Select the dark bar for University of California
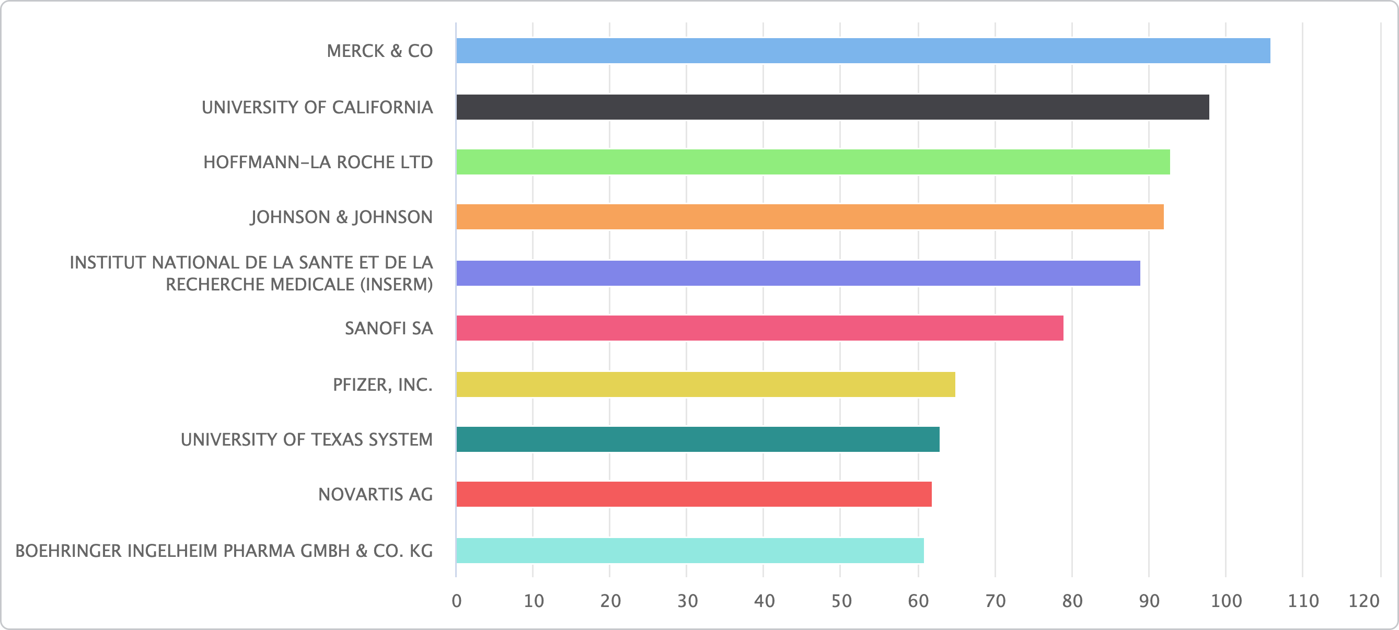point(832,107)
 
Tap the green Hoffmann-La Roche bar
point(813,162)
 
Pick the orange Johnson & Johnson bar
point(809,217)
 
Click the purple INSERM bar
point(798,273)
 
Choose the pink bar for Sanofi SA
point(759,328)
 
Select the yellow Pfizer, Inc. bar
point(705,384)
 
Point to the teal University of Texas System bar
point(697,439)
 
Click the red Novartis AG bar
point(693,494)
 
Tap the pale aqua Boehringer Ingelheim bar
point(690,551)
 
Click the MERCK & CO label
point(379,51)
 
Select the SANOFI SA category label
point(389,329)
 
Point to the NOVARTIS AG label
point(375,495)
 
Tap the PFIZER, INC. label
point(383,385)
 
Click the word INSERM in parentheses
point(396,285)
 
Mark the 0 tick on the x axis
point(457,601)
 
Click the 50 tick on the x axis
point(841,601)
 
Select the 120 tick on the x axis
point(1363,601)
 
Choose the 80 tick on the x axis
point(1072,601)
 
